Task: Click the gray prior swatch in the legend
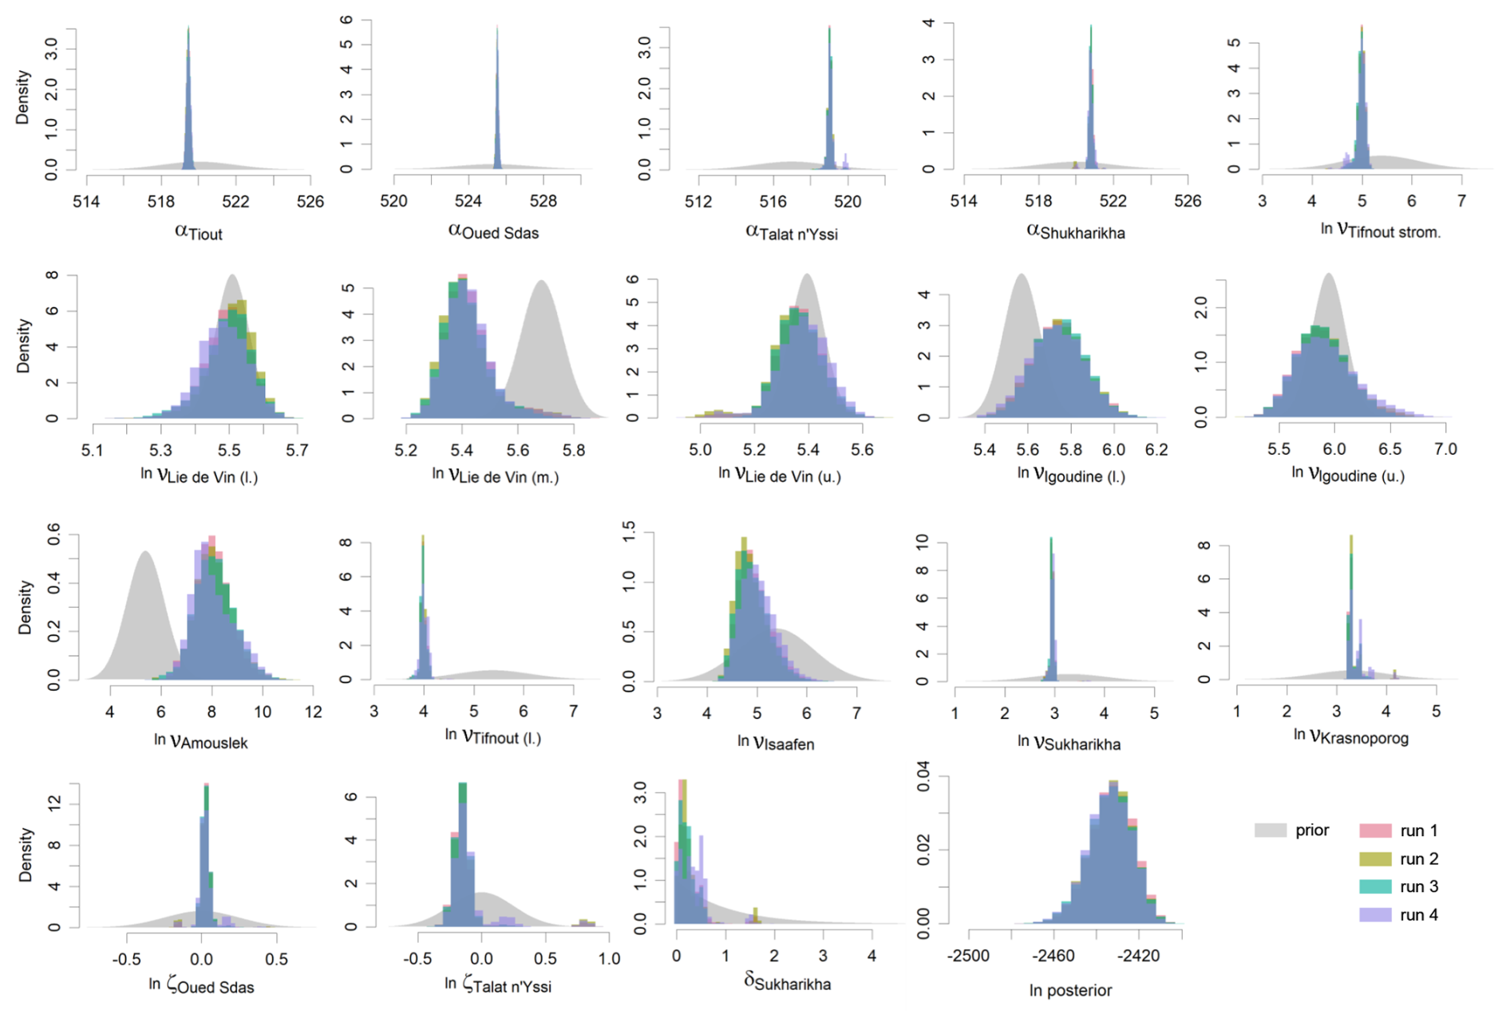[1271, 831]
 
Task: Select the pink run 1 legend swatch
[1375, 831]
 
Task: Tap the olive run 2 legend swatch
[1375, 859]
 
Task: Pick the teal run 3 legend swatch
[1375, 886]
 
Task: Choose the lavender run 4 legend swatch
[1375, 915]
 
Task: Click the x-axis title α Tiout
[198, 232]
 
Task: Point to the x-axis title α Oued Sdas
[493, 232]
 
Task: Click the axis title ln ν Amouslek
[201, 741]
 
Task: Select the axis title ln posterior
[1070, 990]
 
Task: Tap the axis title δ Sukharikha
[787, 982]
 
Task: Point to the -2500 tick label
[969, 956]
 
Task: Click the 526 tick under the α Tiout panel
[310, 201]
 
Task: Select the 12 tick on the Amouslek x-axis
[313, 712]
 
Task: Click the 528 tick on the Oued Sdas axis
[544, 201]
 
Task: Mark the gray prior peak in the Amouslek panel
[144, 552]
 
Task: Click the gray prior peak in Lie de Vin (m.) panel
[541, 282]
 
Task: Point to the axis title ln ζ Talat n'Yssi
[497, 985]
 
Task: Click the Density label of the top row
[22, 97]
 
